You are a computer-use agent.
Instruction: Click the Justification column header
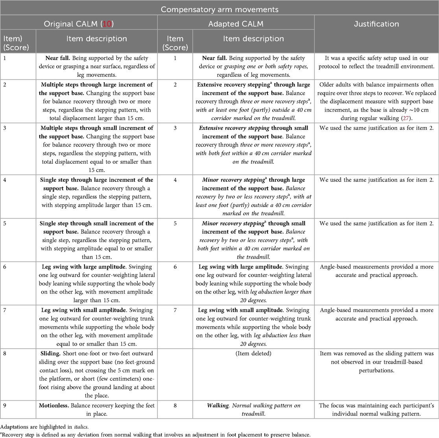pyautogui.click(x=376, y=24)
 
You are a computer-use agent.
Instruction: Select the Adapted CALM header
pyautogui.click(x=236, y=24)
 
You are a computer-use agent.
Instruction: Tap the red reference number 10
pyautogui.click(x=107, y=24)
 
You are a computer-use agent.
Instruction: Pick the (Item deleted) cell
pyautogui.click(x=253, y=353)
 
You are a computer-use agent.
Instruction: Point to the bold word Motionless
pyautogui.click(x=56, y=405)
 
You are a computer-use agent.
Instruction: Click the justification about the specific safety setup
pyautogui.click(x=376, y=62)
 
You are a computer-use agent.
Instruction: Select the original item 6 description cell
pyautogui.click(x=97, y=283)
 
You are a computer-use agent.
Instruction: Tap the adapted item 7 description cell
pyautogui.click(x=253, y=327)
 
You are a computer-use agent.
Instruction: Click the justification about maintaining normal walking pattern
pyautogui.click(x=376, y=409)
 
